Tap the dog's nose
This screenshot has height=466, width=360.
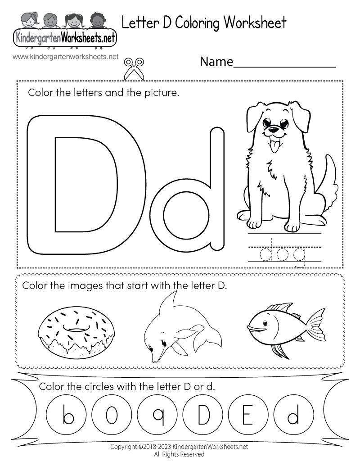(x=273, y=130)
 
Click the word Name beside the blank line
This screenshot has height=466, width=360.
(x=216, y=62)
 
